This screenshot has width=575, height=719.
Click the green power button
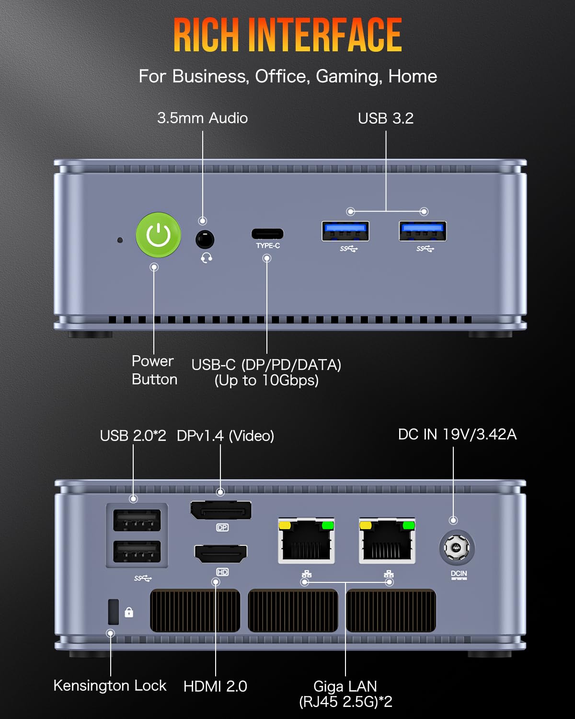(158, 235)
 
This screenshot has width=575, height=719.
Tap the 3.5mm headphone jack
(205, 239)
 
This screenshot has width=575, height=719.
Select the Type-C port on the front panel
(267, 234)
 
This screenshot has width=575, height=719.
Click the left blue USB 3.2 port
(345, 232)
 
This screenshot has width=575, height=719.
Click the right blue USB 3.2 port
(423, 232)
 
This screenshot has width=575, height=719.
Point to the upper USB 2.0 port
(137, 520)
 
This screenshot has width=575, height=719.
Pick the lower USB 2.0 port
(137, 551)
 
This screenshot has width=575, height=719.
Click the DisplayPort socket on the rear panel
(221, 510)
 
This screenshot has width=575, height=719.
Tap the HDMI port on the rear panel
(220, 554)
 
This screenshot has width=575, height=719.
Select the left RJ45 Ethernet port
(306, 541)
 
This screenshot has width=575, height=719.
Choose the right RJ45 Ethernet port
(387, 541)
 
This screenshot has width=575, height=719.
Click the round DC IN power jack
(457, 547)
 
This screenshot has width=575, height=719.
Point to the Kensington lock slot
(114, 612)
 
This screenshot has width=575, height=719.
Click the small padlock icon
(129, 612)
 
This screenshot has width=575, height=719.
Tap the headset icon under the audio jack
(207, 258)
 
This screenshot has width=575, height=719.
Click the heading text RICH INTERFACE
(287, 35)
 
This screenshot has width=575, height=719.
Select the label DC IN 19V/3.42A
(457, 434)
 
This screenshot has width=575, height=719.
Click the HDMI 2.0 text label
(215, 686)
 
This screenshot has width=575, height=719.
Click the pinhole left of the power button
(120, 240)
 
